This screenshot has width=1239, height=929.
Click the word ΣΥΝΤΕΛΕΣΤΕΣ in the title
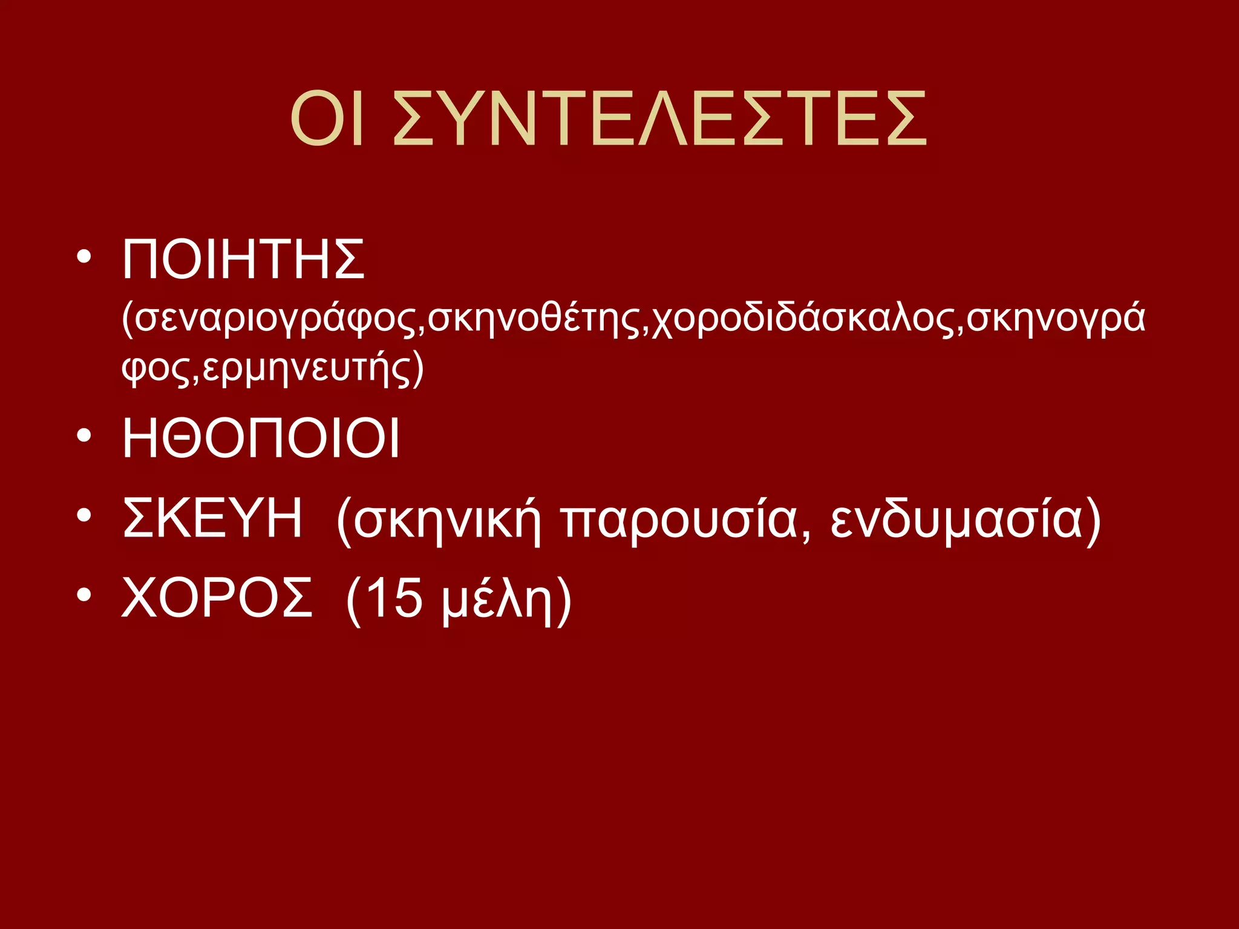659,119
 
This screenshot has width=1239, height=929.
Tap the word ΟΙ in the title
327,119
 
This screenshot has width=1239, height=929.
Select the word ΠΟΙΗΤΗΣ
243,259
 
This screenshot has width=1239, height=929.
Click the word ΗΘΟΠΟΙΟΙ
261,438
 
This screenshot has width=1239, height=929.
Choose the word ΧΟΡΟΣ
217,597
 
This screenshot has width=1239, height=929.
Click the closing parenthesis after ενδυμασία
1093,521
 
